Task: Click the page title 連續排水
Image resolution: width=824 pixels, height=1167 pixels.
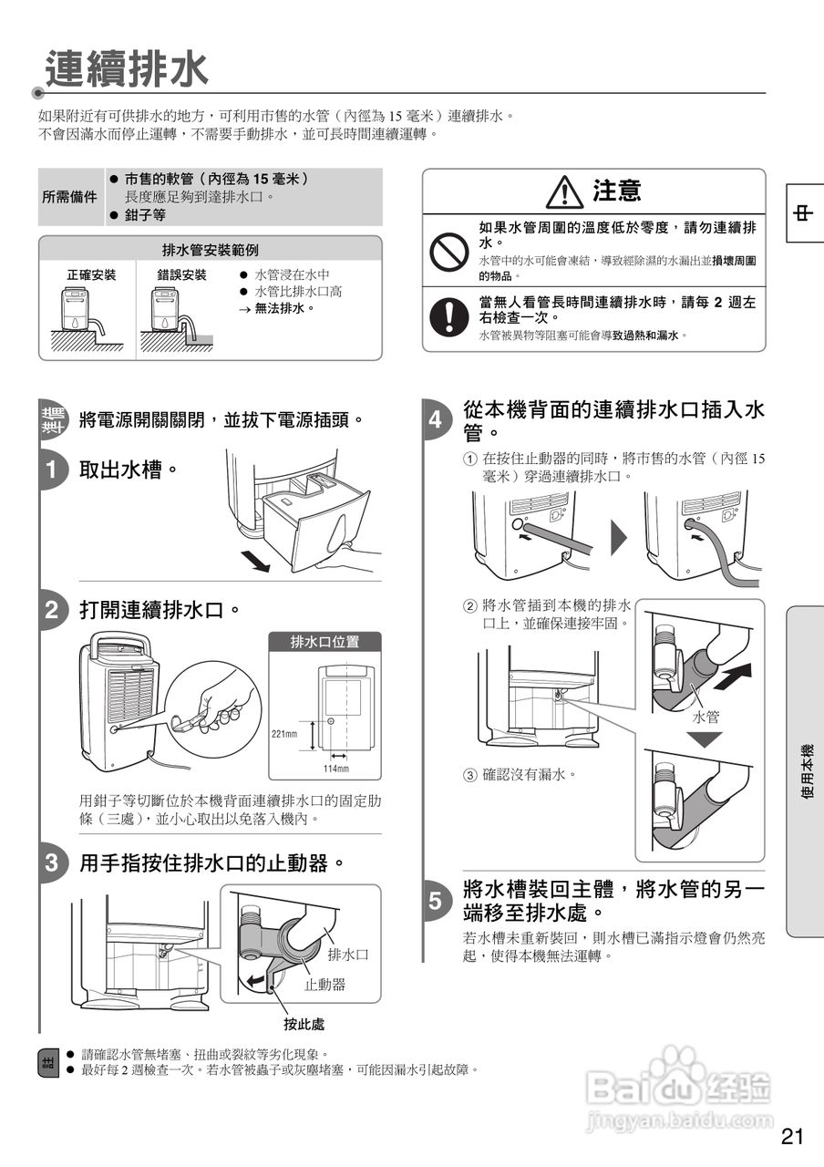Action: click(127, 70)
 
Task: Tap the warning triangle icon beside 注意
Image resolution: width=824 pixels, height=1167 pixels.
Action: click(564, 191)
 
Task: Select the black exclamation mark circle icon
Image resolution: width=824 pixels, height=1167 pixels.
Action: click(448, 315)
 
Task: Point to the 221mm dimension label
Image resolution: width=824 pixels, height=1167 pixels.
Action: click(284, 733)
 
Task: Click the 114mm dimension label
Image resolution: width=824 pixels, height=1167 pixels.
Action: click(336, 769)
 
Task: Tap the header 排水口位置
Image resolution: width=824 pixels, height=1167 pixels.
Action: click(324, 642)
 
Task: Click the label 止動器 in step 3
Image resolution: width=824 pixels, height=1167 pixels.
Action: click(324, 985)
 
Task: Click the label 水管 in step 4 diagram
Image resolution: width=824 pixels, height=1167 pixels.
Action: click(706, 718)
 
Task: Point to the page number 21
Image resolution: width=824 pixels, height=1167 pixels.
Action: click(792, 1136)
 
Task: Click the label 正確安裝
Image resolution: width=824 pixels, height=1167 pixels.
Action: click(91, 274)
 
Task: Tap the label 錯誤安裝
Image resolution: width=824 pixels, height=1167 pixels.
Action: click(182, 274)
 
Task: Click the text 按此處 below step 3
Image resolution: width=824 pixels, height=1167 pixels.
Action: click(304, 1024)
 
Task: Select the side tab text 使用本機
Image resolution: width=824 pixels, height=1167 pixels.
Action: click(807, 771)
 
